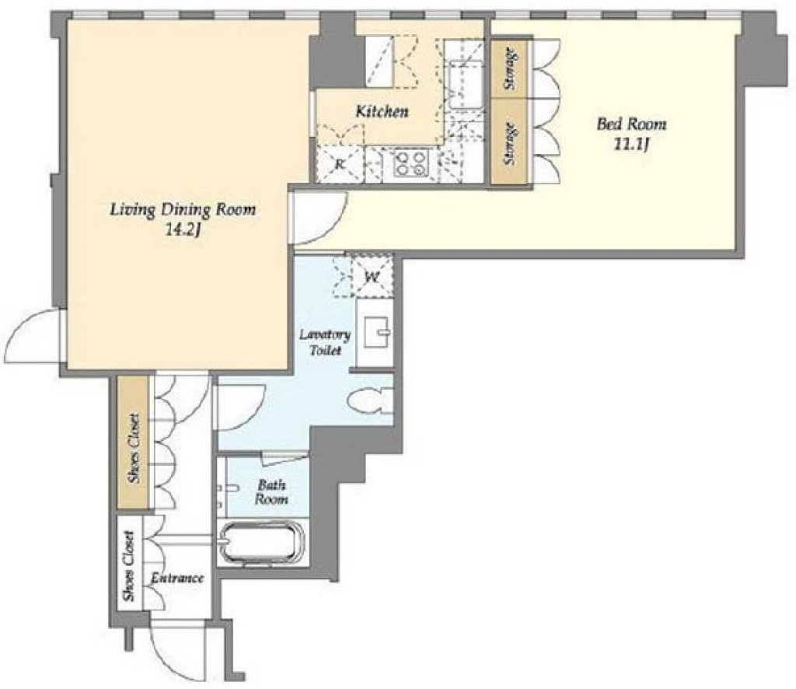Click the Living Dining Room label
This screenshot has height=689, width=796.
(183, 209)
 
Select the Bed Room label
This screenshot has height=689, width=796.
(631, 124)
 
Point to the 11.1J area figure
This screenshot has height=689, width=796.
(632, 145)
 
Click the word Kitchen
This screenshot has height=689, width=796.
(382, 111)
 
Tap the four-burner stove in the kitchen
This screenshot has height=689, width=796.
(410, 163)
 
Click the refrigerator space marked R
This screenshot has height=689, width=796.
(339, 163)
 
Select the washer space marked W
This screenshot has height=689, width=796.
(372, 278)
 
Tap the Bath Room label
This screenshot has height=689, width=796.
(271, 491)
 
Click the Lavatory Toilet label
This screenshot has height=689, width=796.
(324, 342)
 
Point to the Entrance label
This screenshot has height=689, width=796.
(177, 578)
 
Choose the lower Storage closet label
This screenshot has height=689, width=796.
(511, 144)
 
